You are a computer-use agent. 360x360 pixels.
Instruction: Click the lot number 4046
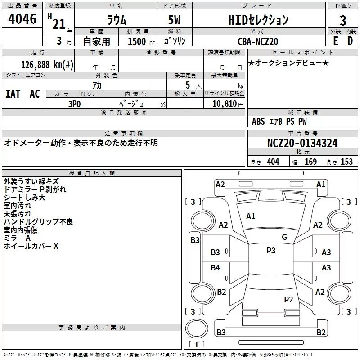[x=22, y=19]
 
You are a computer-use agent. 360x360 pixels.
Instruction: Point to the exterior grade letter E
[x=335, y=41]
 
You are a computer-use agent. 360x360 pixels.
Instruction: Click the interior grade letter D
[x=350, y=41]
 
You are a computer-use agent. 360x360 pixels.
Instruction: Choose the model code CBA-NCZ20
[x=258, y=41]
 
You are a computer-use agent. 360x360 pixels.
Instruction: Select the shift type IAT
[x=13, y=94]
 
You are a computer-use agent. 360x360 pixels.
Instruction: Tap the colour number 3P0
[x=74, y=103]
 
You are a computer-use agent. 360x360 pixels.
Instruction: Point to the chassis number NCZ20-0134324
[x=302, y=144]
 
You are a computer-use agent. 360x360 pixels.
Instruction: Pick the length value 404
[x=273, y=162]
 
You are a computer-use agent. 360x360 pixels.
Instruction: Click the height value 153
[x=346, y=162]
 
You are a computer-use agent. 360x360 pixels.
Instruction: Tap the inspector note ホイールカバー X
[x=31, y=246]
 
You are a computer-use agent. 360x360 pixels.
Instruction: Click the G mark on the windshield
[x=284, y=237]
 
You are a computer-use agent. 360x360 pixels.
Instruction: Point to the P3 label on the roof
[x=271, y=251]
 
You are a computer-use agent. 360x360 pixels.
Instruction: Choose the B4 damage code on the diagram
[x=216, y=268]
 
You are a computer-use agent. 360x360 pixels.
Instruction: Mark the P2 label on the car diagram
[x=288, y=299]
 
